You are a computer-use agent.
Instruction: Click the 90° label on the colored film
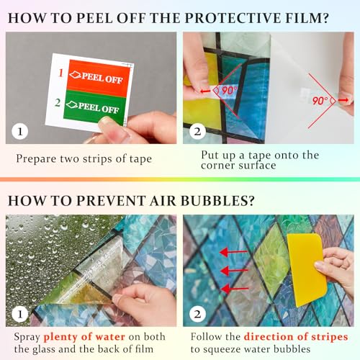point(228,91)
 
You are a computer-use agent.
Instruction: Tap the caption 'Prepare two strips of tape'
point(84,158)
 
